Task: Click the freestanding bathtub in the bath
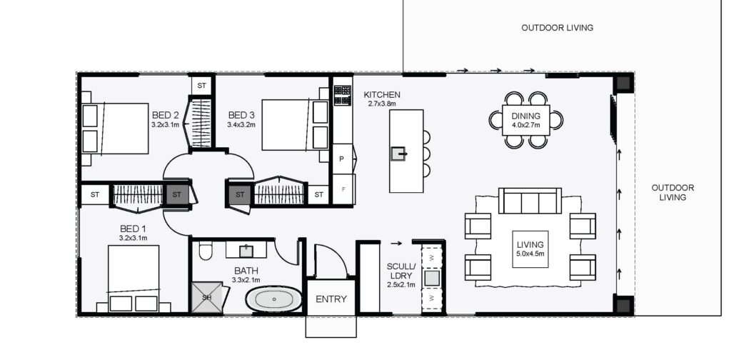273,299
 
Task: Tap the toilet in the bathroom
205,251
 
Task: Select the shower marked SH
208,297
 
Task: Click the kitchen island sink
398,154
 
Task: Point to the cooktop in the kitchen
343,95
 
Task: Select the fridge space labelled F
343,189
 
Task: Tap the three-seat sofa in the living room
530,201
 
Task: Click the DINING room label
526,116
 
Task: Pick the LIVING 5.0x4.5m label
530,249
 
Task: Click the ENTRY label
331,299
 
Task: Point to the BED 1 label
133,229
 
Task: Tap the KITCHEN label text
382,95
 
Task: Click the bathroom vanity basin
246,251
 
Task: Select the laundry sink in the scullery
432,278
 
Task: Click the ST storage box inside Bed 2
201,85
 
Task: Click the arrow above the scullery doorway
395,243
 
